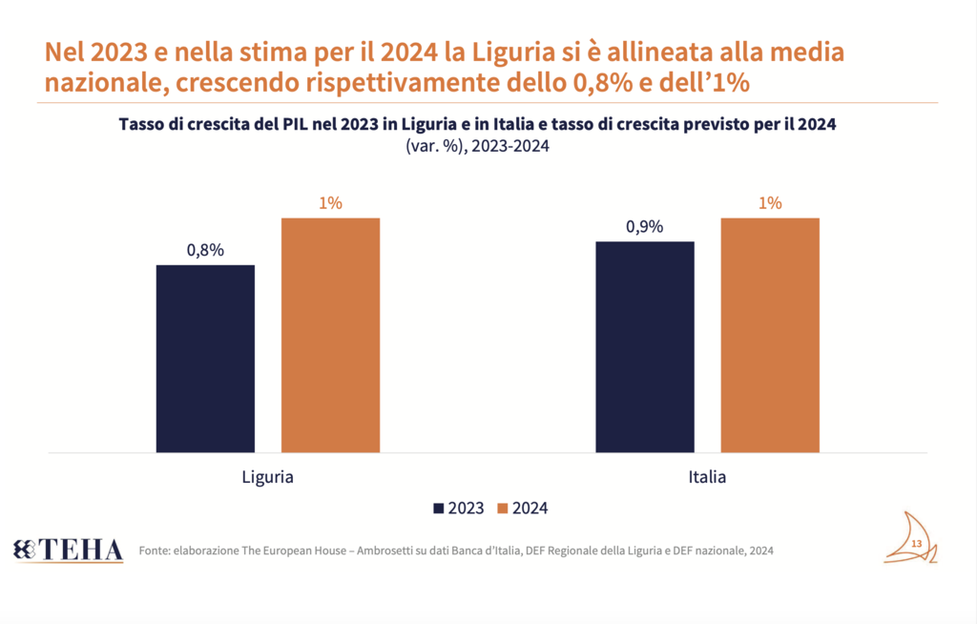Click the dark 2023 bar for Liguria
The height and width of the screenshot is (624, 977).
click(205, 358)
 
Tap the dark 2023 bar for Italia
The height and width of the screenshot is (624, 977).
click(645, 346)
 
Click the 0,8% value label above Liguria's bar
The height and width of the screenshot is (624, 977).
click(205, 250)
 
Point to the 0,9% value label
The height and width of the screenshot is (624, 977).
click(645, 227)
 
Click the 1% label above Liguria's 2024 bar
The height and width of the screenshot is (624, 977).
click(330, 203)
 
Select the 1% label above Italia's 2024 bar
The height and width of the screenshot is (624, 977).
click(770, 203)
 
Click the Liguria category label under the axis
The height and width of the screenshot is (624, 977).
click(267, 476)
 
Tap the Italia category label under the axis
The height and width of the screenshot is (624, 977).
click(707, 476)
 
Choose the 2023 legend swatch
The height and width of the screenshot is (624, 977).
click(440, 509)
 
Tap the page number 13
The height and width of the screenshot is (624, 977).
click(916, 544)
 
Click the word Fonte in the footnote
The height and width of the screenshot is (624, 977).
click(155, 551)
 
